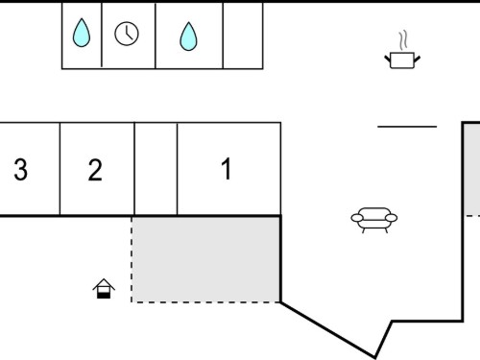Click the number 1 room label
tap(227, 169)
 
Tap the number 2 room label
tap(95, 170)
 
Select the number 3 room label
tap(21, 170)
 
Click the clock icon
tap(127, 34)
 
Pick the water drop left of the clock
tap(82, 33)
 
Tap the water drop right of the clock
tap(188, 36)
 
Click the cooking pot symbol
tap(402, 60)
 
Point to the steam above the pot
tap(403, 40)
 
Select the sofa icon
tap(374, 220)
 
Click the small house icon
tap(104, 289)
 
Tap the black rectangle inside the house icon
tap(104, 296)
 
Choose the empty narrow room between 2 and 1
tap(156, 169)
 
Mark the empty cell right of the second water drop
tap(243, 36)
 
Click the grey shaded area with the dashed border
tap(206, 259)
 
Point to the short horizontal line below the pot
tap(407, 127)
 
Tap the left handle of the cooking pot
tap(388, 60)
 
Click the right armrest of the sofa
tap(392, 218)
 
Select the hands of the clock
tap(129, 34)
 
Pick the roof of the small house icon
tap(104, 284)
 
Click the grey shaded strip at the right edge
tap(472, 170)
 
